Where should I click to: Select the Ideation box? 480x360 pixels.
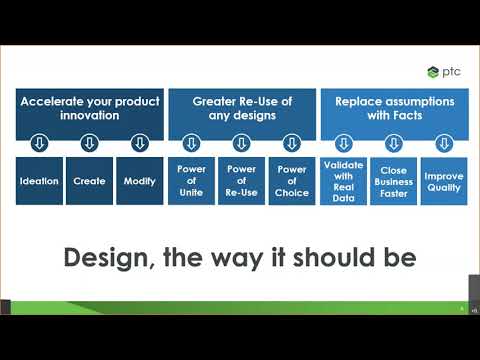[x=39, y=181]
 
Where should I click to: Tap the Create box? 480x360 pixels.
[x=89, y=181]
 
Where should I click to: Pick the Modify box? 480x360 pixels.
[x=139, y=181]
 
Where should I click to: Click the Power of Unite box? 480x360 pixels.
[x=191, y=181]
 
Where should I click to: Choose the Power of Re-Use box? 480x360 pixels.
[x=241, y=181]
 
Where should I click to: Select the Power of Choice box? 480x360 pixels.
[x=291, y=181]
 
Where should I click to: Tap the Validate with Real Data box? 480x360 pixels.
[x=343, y=180]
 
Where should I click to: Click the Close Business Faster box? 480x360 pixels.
[x=393, y=180]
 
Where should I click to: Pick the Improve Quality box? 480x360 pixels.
[x=443, y=180]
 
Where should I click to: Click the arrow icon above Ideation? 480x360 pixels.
[x=39, y=143]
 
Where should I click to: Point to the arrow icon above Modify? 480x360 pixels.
[x=139, y=143]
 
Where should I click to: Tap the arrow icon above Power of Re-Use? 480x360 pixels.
[x=241, y=143]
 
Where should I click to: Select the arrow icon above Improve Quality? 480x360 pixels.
[x=443, y=143]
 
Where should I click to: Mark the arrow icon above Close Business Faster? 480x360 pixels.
[x=393, y=143]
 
